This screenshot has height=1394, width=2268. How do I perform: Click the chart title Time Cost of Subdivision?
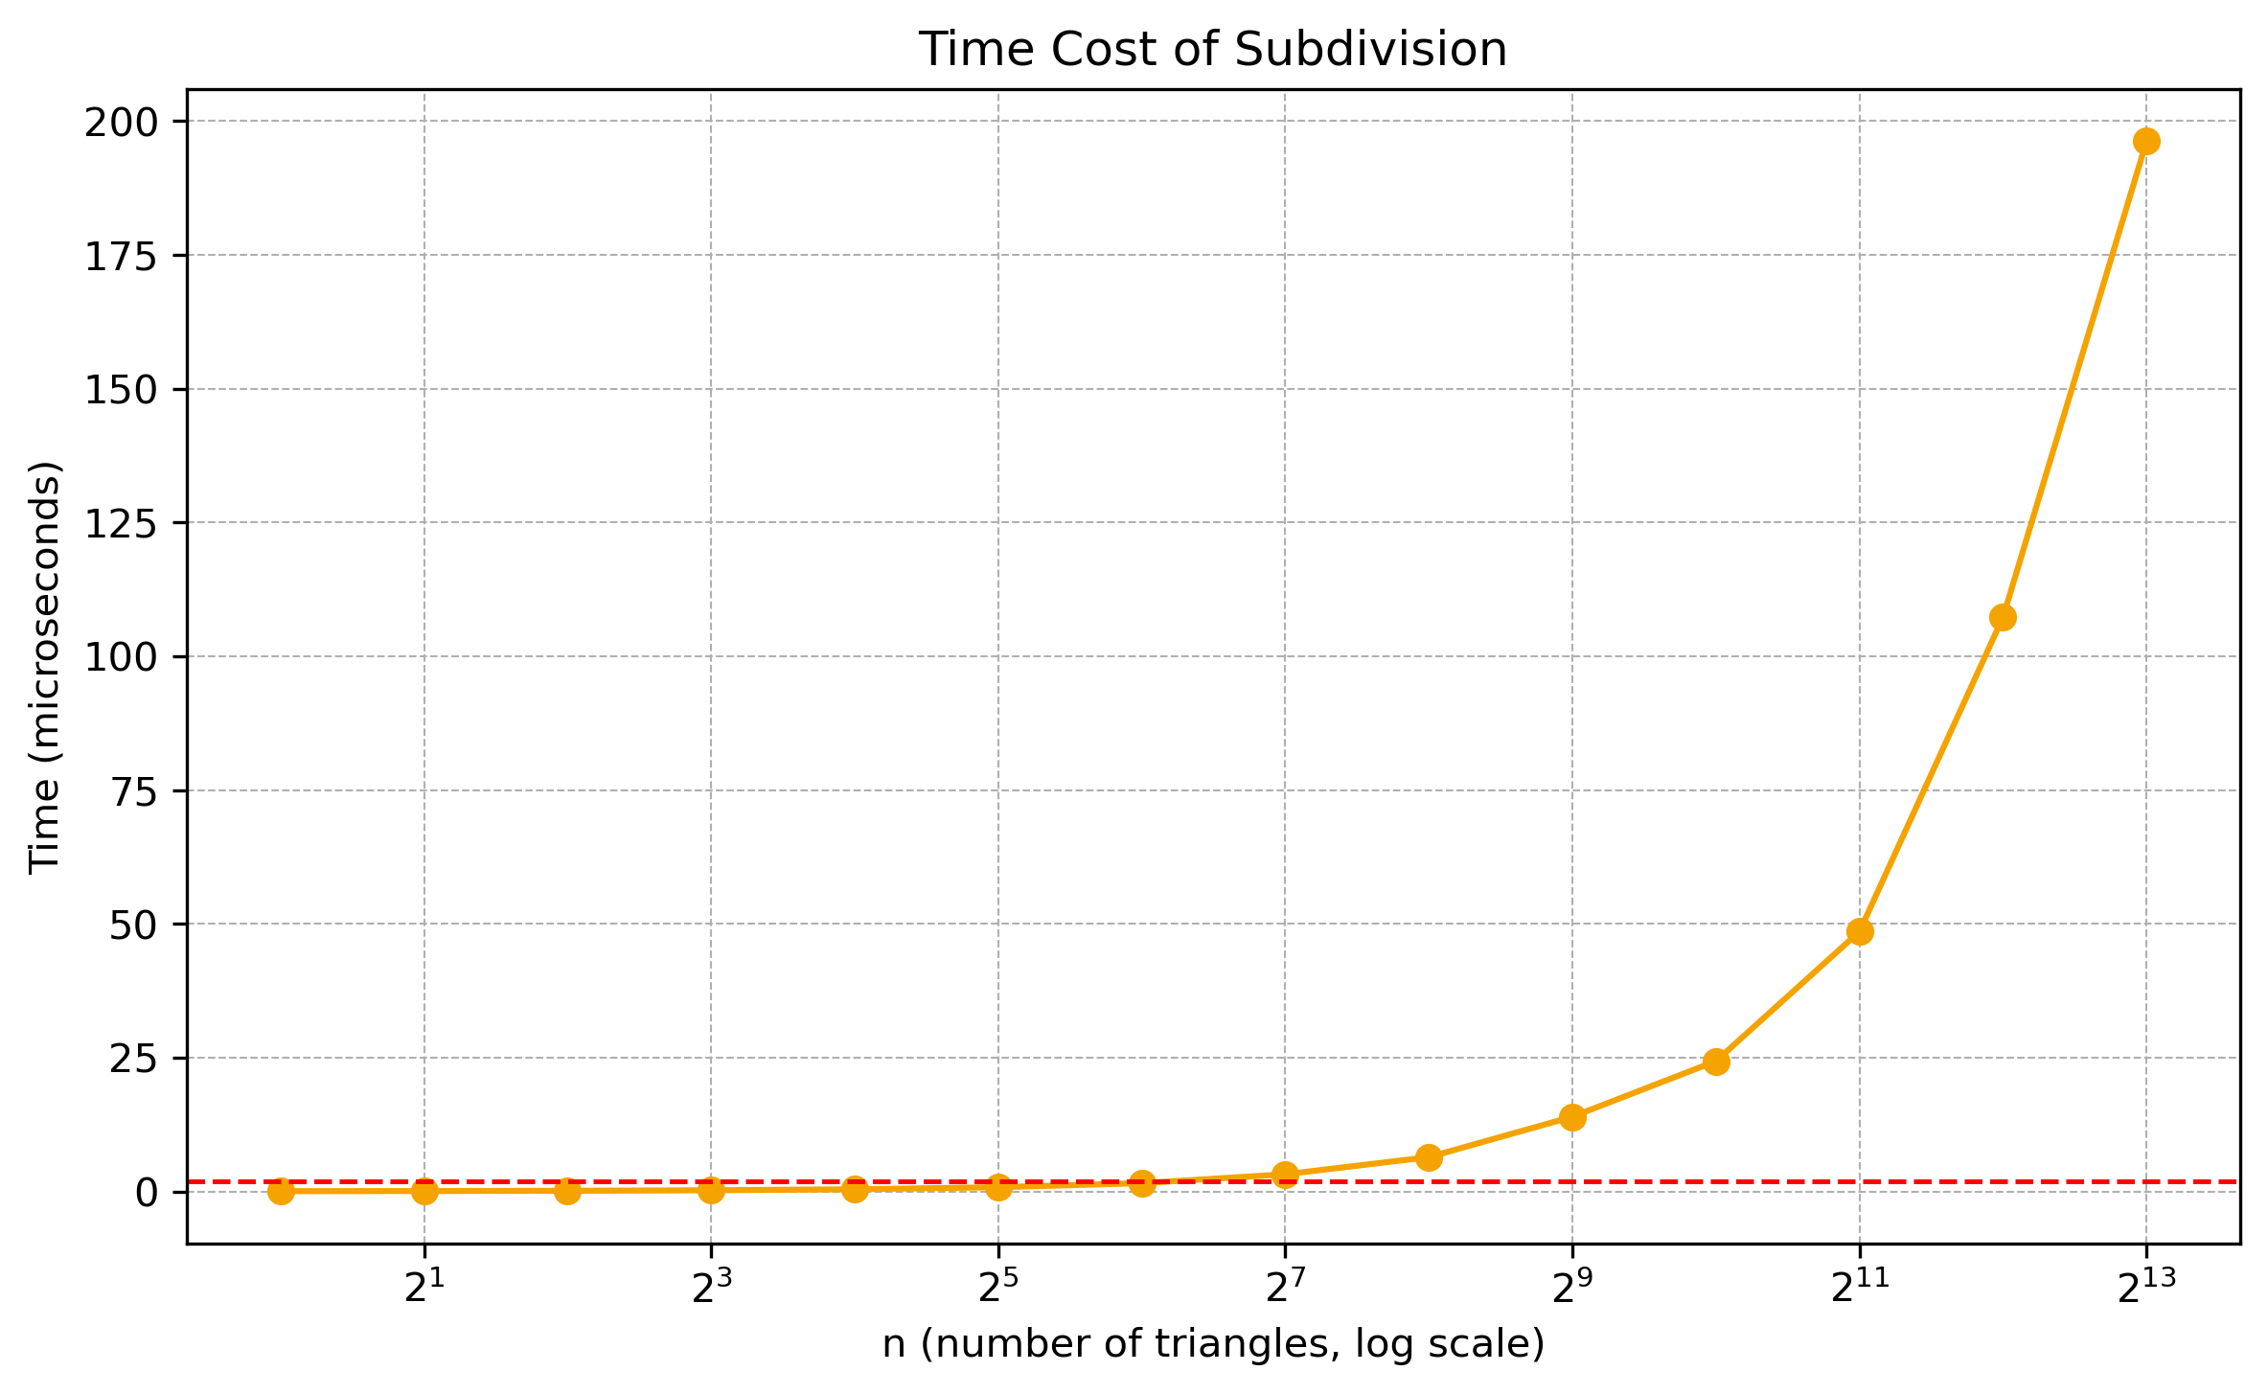pos(1213,50)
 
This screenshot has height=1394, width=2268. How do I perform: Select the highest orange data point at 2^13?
pos(2146,141)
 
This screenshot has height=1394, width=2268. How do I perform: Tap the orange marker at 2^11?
pos(1860,931)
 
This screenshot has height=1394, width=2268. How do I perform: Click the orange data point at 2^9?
pos(1572,1117)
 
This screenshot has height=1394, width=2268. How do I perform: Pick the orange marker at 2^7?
pos(1285,1174)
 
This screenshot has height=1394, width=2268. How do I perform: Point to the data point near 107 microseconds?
pos(2003,617)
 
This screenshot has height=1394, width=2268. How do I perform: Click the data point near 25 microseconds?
pos(1716,1062)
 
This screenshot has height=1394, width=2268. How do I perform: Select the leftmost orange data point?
pos(281,1191)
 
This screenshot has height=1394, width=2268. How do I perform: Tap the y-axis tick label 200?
pos(122,122)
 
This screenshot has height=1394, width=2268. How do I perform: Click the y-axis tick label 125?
pos(122,523)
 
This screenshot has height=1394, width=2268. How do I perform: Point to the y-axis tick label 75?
pos(133,790)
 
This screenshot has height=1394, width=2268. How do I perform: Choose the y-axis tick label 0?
pos(147,1192)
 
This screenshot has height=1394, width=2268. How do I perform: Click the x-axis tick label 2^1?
pos(424,1289)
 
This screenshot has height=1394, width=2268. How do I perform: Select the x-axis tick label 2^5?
pos(997,1289)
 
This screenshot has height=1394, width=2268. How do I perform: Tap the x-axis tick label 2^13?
pos(2145,1289)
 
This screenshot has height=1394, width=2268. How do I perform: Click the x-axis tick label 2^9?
pos(1571,1289)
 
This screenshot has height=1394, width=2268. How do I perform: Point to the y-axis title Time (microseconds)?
pos(45,667)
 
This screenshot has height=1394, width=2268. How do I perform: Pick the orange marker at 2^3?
pos(711,1190)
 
